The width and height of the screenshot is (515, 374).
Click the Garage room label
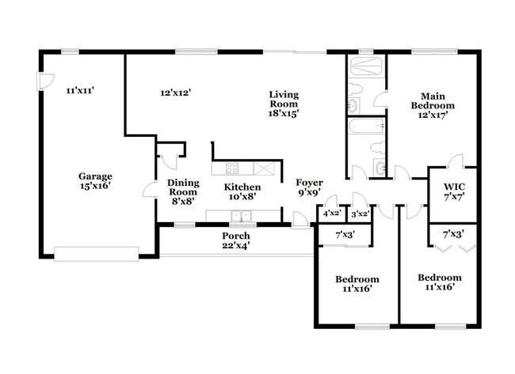[95, 181]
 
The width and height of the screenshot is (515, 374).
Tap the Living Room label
[284, 104]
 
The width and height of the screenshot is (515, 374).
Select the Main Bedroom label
[433, 105]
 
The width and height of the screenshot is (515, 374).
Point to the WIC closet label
[455, 191]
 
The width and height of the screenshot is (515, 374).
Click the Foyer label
[309, 187]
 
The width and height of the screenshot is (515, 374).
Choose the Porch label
[236, 240]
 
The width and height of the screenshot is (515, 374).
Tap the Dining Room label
[183, 192]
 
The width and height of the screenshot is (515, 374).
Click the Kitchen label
[242, 192]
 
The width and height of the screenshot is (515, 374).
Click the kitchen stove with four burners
[232, 168]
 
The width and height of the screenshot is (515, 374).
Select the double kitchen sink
[241, 216]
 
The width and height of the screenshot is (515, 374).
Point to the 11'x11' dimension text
[81, 90]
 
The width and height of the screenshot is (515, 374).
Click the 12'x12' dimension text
[176, 93]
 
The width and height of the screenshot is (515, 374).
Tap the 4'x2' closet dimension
[333, 213]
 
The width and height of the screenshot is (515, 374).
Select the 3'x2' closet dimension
[360, 214]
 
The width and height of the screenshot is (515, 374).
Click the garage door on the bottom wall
[96, 254]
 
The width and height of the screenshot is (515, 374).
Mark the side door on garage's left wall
[46, 81]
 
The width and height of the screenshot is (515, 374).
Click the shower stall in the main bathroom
[366, 66]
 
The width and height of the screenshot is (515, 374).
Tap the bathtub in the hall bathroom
[366, 126]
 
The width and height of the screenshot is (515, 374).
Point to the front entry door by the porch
[300, 220]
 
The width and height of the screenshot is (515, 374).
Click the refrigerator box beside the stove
[263, 168]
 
